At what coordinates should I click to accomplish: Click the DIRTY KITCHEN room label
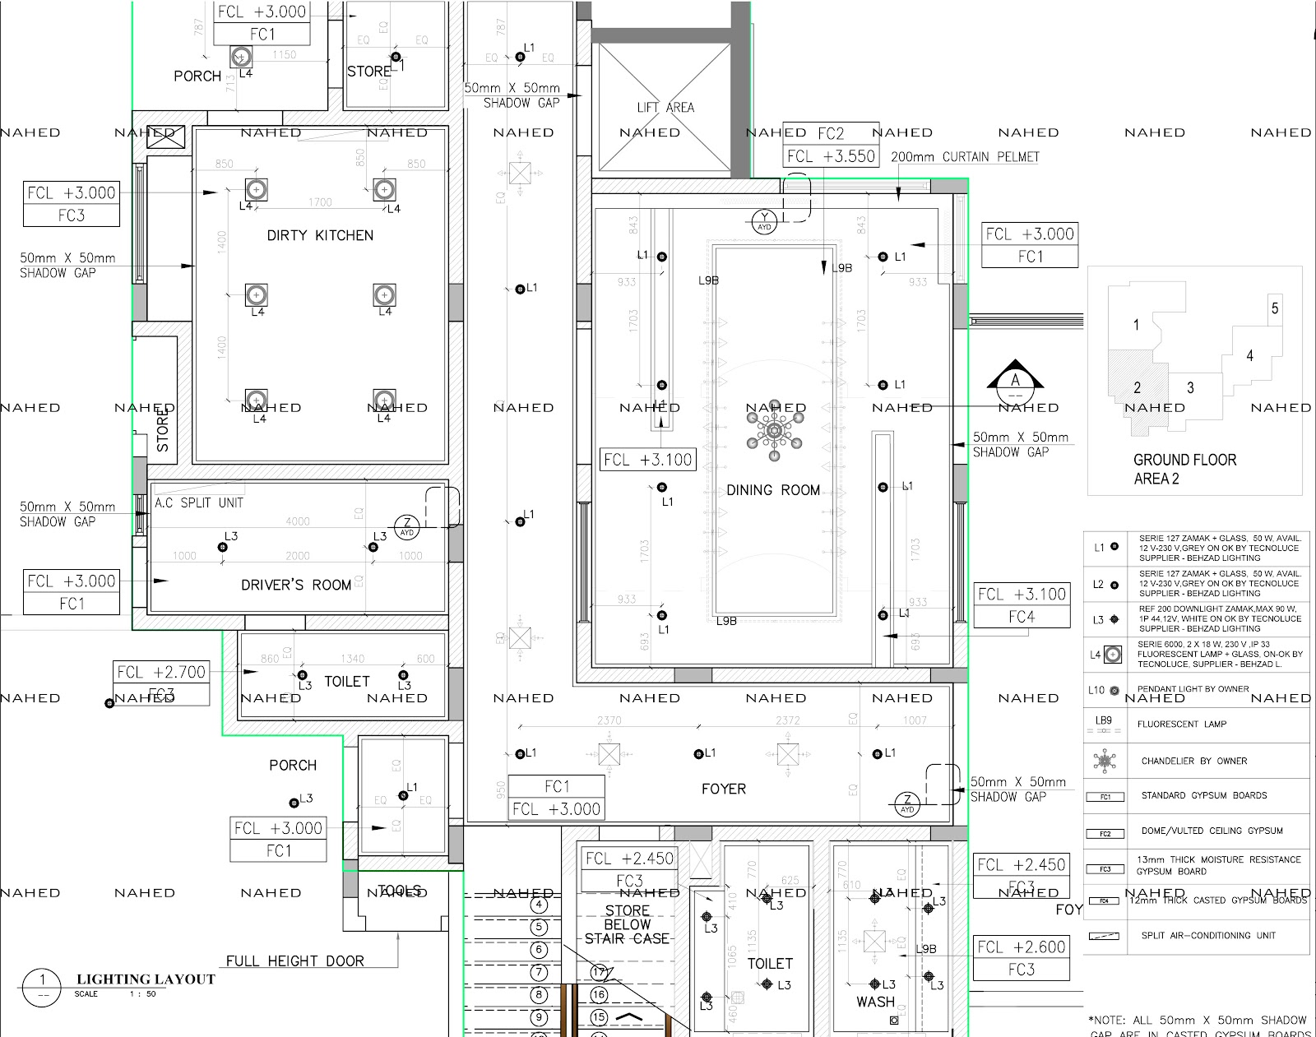tap(320, 235)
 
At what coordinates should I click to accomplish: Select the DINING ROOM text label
tap(772, 490)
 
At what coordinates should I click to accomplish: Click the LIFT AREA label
tap(665, 108)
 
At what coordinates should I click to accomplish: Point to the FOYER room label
tap(723, 789)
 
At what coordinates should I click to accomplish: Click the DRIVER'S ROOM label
tap(296, 585)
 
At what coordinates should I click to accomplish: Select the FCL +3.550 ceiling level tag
tap(831, 156)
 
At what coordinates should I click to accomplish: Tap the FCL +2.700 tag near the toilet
tap(161, 672)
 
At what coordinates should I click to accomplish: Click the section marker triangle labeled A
tap(1015, 377)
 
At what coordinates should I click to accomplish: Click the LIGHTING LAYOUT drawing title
tap(146, 979)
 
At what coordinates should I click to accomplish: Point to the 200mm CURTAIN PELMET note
tap(965, 156)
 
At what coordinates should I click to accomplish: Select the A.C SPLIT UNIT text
tap(199, 502)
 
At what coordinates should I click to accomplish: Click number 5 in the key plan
tap(1274, 308)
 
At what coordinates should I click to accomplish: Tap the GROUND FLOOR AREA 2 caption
tap(1184, 469)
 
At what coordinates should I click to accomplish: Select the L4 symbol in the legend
tap(1112, 655)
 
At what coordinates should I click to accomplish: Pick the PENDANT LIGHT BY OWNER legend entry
tap(1193, 689)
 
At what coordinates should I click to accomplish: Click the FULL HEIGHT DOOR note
tap(294, 961)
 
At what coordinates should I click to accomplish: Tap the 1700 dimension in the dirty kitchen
tap(320, 202)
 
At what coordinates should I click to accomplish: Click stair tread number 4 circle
tap(539, 905)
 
